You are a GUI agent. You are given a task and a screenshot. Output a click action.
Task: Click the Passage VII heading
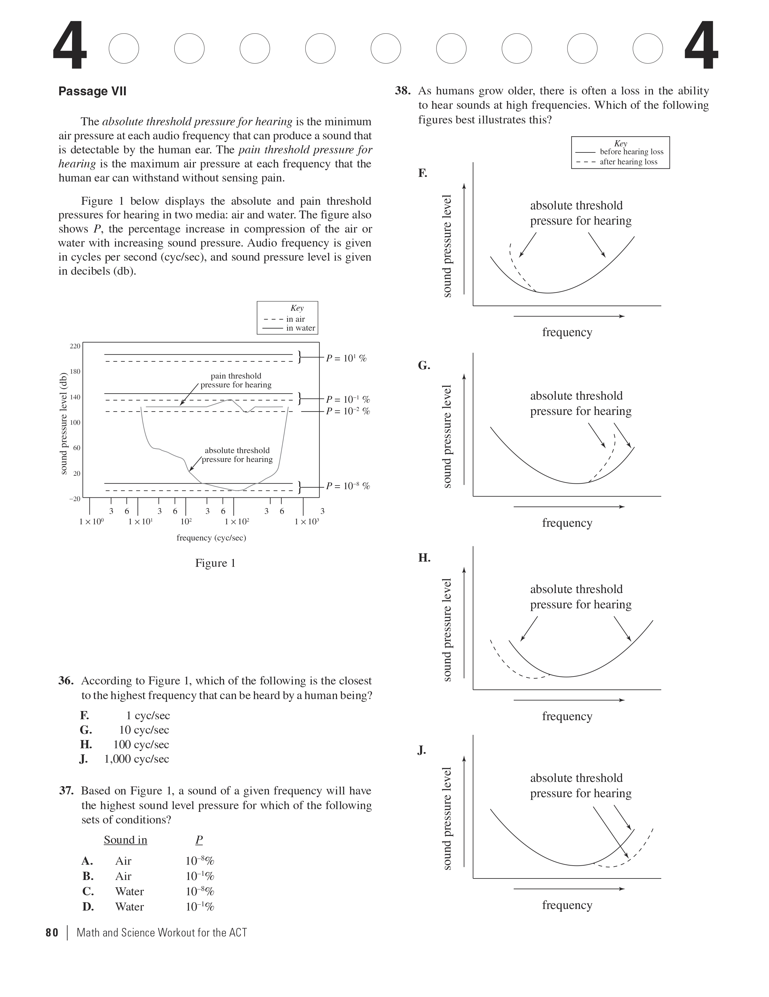tap(92, 91)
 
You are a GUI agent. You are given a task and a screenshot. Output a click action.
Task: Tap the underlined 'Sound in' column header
tap(125, 840)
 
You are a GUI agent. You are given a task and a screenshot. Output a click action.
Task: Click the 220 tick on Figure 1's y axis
tap(75, 346)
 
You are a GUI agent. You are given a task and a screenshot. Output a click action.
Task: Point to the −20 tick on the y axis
tap(75, 499)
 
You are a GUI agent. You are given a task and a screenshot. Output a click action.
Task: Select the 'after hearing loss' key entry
tap(628, 162)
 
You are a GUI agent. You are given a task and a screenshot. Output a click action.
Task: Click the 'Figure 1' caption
tap(215, 563)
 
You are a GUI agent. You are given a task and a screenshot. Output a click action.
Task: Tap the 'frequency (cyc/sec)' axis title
tap(211, 538)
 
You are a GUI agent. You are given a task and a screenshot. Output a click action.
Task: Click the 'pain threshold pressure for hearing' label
tap(236, 380)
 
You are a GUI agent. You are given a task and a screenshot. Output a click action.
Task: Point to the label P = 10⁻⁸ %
tap(347, 486)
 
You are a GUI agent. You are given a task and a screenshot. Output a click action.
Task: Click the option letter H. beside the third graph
tap(424, 558)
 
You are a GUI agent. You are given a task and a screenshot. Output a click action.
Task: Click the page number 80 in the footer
tap(52, 933)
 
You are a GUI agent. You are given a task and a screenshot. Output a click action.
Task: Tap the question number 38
tap(402, 91)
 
